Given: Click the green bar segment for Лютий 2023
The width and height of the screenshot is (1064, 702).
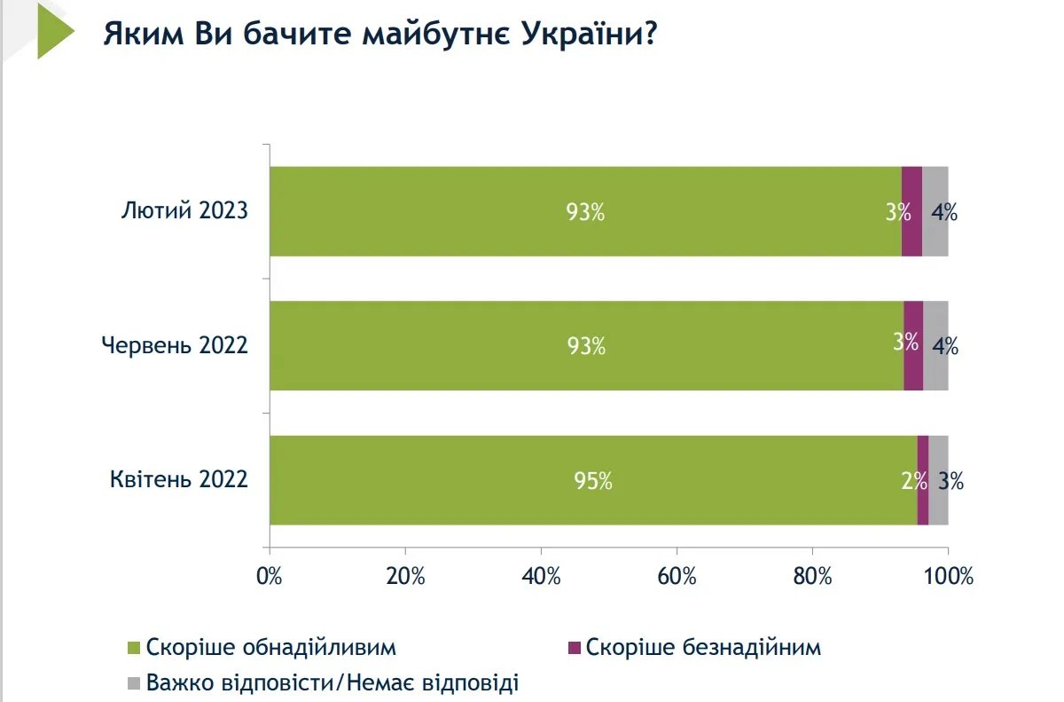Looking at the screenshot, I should (585, 211).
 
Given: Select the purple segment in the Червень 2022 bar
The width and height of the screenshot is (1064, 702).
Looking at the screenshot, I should (913, 345).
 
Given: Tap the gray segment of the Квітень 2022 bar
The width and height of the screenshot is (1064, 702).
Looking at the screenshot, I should (938, 480).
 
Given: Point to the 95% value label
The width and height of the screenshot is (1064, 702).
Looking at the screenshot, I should (592, 481).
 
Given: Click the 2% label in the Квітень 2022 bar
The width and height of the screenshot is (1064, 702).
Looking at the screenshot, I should (912, 481).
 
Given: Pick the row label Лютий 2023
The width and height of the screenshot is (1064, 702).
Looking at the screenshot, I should (184, 211).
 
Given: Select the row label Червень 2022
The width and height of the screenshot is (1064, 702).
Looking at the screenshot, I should (174, 345).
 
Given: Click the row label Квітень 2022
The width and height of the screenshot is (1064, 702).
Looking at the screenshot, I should (179, 481).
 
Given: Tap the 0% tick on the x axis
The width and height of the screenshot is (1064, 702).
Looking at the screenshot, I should (269, 576).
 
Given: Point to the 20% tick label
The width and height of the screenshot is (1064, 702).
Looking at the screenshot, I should (405, 576).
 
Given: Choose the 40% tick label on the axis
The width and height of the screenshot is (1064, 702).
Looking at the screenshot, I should (541, 576).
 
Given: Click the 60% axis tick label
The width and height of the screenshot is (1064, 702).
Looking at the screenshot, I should (677, 576).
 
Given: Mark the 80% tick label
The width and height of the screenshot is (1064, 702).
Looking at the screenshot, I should (812, 576).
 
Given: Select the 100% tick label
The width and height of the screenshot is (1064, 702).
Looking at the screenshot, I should (948, 576).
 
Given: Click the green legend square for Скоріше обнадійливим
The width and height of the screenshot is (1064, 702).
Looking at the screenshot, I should (134, 648).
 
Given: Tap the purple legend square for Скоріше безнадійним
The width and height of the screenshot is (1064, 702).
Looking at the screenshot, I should (574, 648).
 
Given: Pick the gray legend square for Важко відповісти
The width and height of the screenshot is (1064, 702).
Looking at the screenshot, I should (134, 683).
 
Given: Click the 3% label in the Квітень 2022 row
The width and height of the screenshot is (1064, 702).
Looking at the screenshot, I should (951, 481).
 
